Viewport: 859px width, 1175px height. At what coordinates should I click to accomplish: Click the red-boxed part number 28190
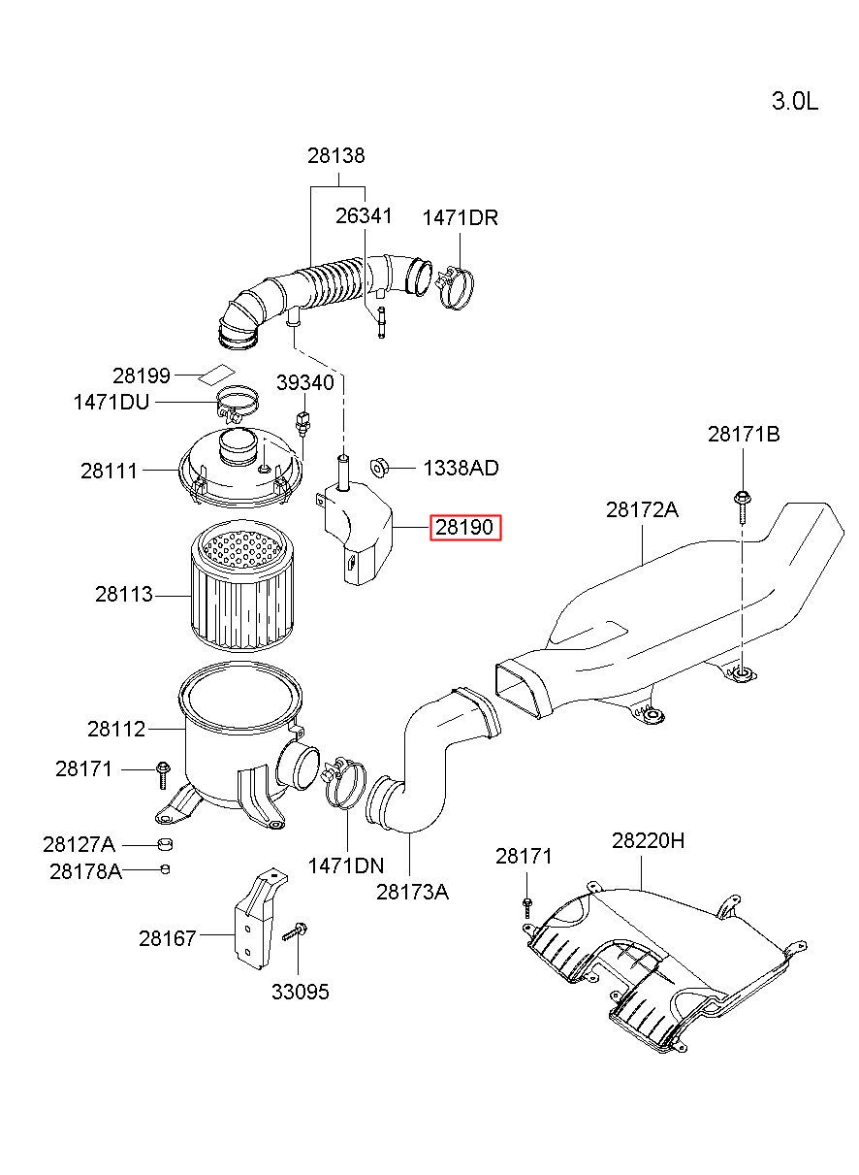pyautogui.click(x=465, y=527)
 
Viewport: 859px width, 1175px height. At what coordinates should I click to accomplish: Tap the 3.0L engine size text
pyautogui.click(x=795, y=101)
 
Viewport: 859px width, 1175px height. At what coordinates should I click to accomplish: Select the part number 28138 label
pyautogui.click(x=336, y=156)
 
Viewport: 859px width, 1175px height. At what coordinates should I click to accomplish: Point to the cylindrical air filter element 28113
pyautogui.click(x=242, y=585)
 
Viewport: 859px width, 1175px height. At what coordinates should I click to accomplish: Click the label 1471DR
pyautogui.click(x=460, y=217)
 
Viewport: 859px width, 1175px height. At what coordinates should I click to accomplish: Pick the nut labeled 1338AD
pyautogui.click(x=378, y=467)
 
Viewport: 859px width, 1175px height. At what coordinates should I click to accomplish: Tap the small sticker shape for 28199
pyautogui.click(x=216, y=374)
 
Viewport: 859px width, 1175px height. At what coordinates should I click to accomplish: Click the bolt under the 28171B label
pyautogui.click(x=741, y=506)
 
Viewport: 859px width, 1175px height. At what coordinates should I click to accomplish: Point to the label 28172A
pyautogui.click(x=642, y=509)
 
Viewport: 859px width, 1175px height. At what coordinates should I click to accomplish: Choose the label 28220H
pyautogui.click(x=648, y=841)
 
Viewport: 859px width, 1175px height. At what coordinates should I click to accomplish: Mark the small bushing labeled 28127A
pyautogui.click(x=165, y=844)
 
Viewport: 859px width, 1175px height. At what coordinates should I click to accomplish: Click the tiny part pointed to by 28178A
pyautogui.click(x=165, y=869)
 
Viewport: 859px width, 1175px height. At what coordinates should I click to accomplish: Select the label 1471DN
pyautogui.click(x=346, y=865)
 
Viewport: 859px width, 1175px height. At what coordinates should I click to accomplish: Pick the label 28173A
pyautogui.click(x=412, y=892)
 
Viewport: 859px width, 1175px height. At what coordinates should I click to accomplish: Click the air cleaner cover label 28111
pyautogui.click(x=109, y=471)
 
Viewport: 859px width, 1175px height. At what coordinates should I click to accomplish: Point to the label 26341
pyautogui.click(x=364, y=216)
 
